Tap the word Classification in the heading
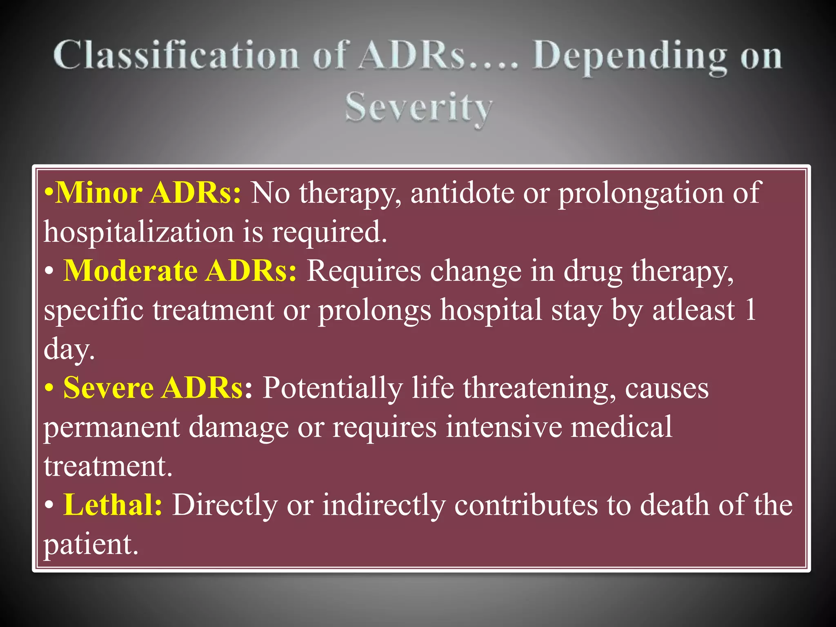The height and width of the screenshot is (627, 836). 176,56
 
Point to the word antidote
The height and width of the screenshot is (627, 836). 462,193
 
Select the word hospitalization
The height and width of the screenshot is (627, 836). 139,232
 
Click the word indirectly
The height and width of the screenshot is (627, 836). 383,505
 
